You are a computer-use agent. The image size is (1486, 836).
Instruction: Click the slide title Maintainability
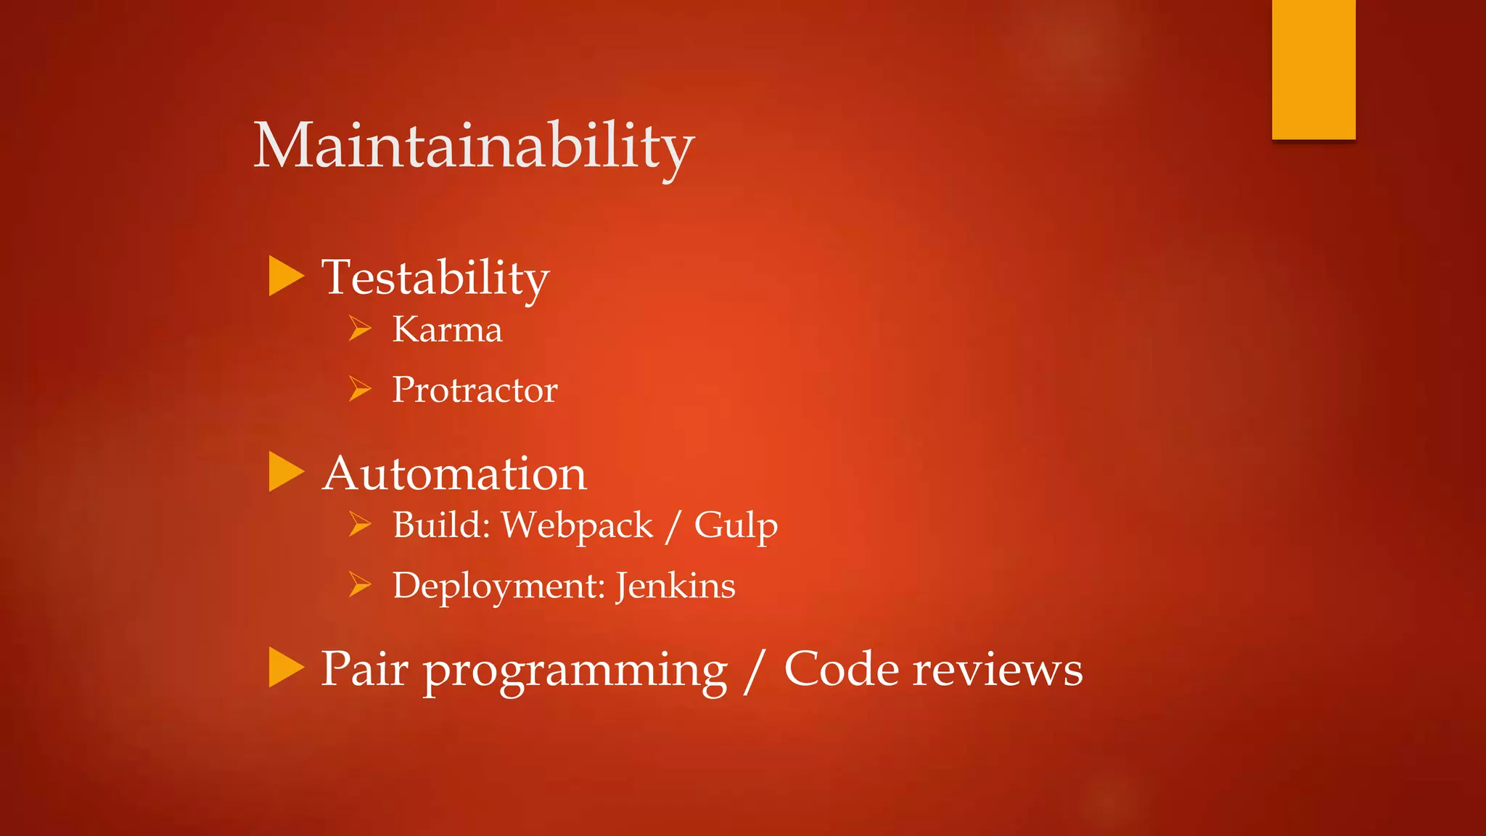click(x=473, y=147)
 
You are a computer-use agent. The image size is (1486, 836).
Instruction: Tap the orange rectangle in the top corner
click(x=1313, y=69)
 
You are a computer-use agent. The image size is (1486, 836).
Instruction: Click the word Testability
click(x=435, y=278)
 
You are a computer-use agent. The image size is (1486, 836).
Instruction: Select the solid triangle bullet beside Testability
click(x=285, y=276)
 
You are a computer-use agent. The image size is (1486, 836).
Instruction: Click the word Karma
click(x=447, y=330)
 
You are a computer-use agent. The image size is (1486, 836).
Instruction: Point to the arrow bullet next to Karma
click(x=359, y=328)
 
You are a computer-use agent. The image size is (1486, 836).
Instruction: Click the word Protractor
click(x=475, y=390)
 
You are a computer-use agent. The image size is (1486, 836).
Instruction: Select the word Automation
click(x=453, y=474)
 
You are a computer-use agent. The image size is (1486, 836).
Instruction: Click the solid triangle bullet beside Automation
click(x=285, y=472)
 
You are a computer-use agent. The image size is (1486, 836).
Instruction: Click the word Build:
click(x=441, y=525)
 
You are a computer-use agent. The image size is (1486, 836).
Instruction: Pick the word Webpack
click(x=577, y=526)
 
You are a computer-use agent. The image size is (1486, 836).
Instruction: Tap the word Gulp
click(x=735, y=526)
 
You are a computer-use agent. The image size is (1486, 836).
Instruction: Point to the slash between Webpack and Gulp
click(x=673, y=526)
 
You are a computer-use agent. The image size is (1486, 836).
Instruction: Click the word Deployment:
click(x=498, y=586)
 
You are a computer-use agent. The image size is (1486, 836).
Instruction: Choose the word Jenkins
click(x=675, y=586)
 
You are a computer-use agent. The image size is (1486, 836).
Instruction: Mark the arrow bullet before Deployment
click(x=359, y=583)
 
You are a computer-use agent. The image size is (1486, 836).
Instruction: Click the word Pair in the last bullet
click(x=364, y=669)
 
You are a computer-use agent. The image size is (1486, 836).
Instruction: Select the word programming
click(x=575, y=671)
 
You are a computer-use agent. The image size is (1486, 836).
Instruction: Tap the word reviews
click(x=997, y=669)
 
